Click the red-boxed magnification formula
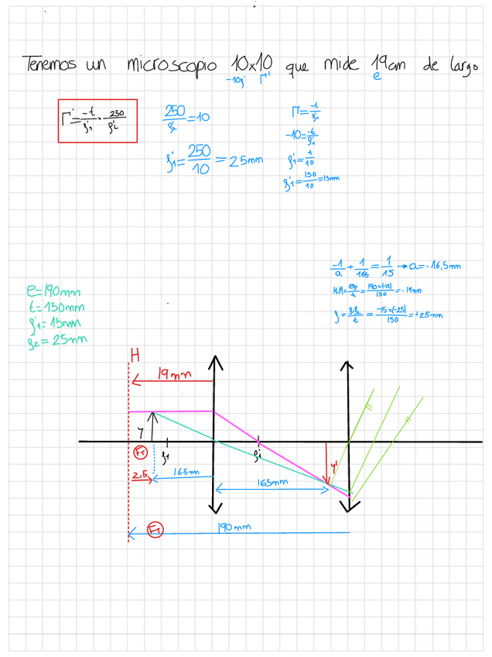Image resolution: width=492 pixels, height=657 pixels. [97, 121]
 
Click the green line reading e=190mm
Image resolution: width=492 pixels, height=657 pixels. [53, 292]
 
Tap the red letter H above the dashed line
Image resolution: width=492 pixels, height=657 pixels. [135, 356]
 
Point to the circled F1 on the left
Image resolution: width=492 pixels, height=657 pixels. [140, 452]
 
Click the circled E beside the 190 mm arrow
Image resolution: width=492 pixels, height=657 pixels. [155, 530]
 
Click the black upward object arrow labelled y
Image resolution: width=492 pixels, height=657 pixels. [153, 426]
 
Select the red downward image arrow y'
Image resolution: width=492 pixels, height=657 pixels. [327, 465]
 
